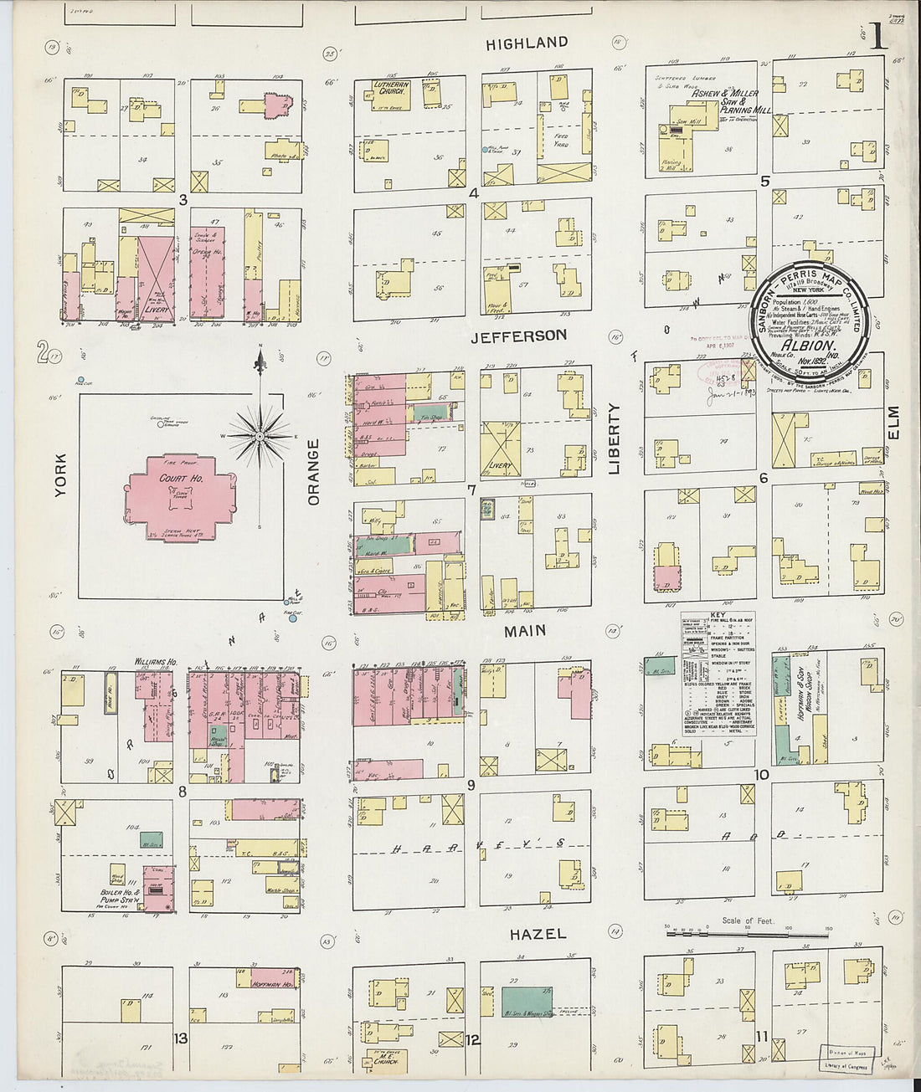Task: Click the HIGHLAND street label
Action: pyautogui.click(x=527, y=43)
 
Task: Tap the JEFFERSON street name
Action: pyautogui.click(x=518, y=336)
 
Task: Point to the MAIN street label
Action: pyautogui.click(x=525, y=630)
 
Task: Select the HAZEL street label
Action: pyautogui.click(x=538, y=933)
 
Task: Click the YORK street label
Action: pyautogui.click(x=60, y=475)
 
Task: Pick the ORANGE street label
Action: pyautogui.click(x=314, y=472)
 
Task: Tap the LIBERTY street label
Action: pyautogui.click(x=614, y=438)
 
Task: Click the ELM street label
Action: pyautogui.click(x=893, y=423)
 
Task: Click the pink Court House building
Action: pyautogui.click(x=181, y=499)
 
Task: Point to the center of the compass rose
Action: pyautogui.click(x=260, y=436)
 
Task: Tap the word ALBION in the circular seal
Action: pyautogui.click(x=810, y=345)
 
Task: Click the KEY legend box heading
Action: pyautogui.click(x=718, y=616)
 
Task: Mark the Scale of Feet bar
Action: pyautogui.click(x=747, y=930)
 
